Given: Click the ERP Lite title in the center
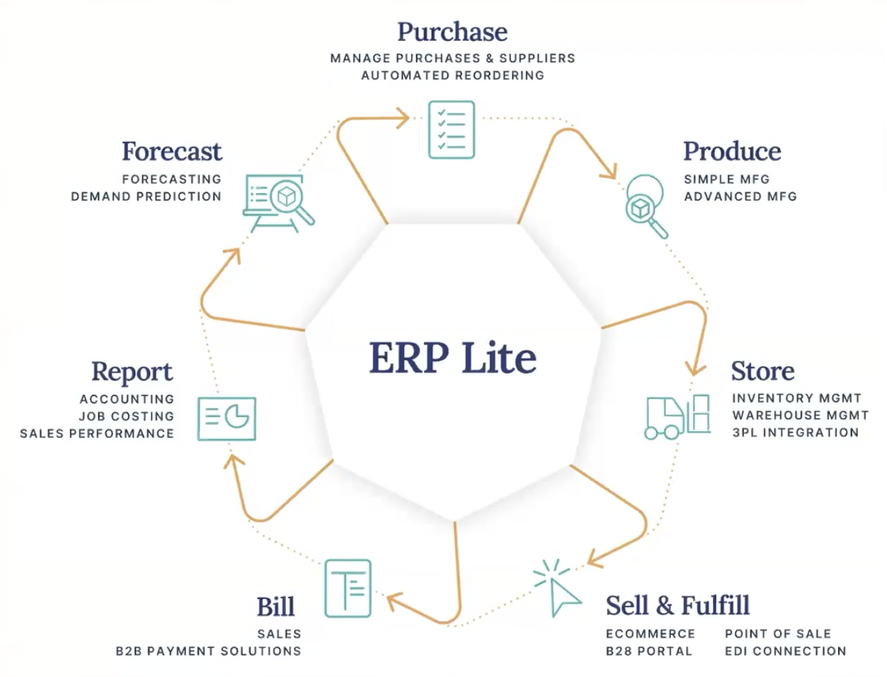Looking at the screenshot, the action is [x=452, y=358].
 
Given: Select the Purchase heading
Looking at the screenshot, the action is [x=452, y=32].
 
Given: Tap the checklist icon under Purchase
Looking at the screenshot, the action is [x=452, y=129].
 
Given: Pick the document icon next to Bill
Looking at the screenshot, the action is [x=348, y=588].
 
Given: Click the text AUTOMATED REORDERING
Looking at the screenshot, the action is [x=452, y=75].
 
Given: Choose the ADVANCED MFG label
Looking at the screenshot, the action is [x=741, y=196].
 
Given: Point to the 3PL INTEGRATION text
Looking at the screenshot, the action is [x=796, y=432].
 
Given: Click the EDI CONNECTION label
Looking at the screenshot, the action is [x=786, y=651].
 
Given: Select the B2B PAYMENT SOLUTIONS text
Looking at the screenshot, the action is [x=208, y=651].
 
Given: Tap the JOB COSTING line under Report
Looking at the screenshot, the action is [x=126, y=416].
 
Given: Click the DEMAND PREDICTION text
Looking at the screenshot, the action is [x=146, y=196].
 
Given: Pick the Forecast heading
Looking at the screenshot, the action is [x=172, y=151].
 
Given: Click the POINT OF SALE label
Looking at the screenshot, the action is [x=778, y=633].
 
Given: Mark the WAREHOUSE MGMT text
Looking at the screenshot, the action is [x=800, y=415].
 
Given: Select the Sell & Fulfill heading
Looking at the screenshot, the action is [x=678, y=605].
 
